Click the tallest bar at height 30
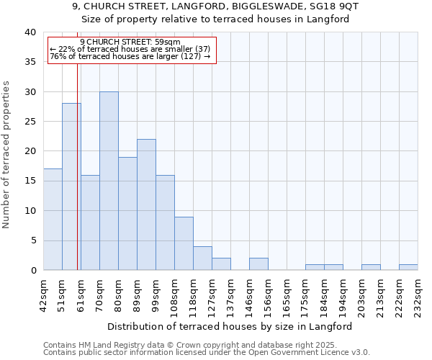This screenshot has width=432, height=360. [109, 181]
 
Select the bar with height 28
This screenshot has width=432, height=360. [71, 186]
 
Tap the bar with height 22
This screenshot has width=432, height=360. [146, 204]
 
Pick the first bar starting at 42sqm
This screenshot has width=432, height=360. [53, 220]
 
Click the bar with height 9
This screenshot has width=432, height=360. [184, 243]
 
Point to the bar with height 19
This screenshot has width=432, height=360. [127, 214]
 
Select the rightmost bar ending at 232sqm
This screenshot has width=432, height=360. [408, 267]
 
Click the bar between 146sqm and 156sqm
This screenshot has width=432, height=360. [258, 264]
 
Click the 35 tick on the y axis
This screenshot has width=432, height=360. [30, 62]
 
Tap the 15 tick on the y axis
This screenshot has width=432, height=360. [30, 181]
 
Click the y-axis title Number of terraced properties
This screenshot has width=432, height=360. [7, 155]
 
